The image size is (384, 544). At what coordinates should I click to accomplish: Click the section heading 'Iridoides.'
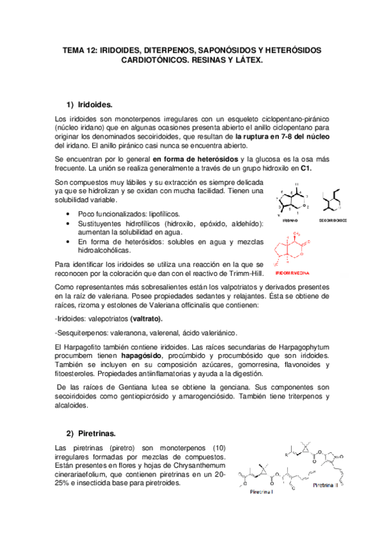(x=94, y=103)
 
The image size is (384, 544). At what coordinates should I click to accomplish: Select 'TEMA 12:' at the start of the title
(x=78, y=50)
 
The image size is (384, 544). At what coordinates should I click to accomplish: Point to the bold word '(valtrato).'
(x=146, y=319)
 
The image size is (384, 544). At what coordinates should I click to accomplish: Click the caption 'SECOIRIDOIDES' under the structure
(x=333, y=219)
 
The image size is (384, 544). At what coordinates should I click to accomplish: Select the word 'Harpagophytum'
(x=299, y=346)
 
